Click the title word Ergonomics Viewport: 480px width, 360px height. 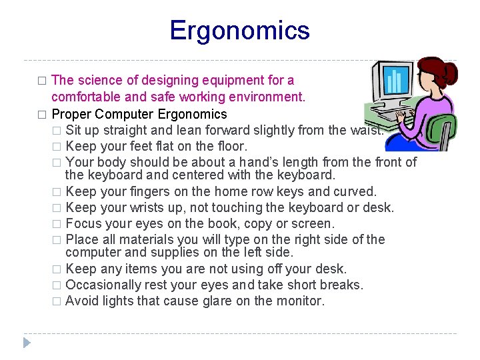(239, 31)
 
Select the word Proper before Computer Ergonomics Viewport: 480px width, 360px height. (71, 114)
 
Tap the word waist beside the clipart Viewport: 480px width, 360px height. (367, 130)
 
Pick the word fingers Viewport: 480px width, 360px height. (146, 192)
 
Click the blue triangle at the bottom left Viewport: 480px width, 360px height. (26, 343)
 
